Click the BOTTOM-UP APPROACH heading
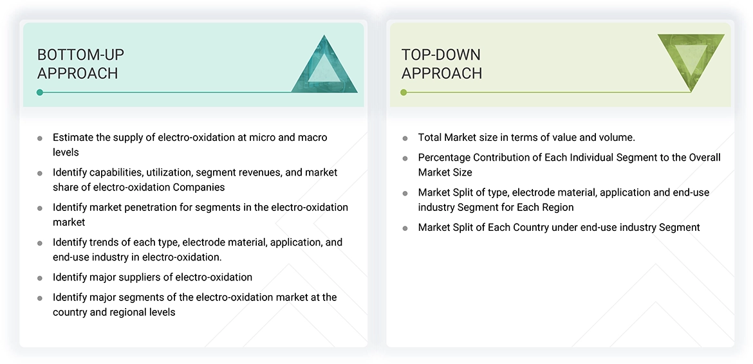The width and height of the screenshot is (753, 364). (x=80, y=64)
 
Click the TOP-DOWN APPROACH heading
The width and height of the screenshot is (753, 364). (x=442, y=64)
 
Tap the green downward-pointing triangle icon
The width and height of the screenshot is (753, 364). (x=691, y=59)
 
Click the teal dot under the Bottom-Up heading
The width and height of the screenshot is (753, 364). (x=40, y=93)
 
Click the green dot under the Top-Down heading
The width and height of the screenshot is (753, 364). (x=404, y=93)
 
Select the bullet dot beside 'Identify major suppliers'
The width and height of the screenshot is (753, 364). (x=40, y=278)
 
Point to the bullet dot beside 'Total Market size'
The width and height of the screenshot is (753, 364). (x=405, y=138)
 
